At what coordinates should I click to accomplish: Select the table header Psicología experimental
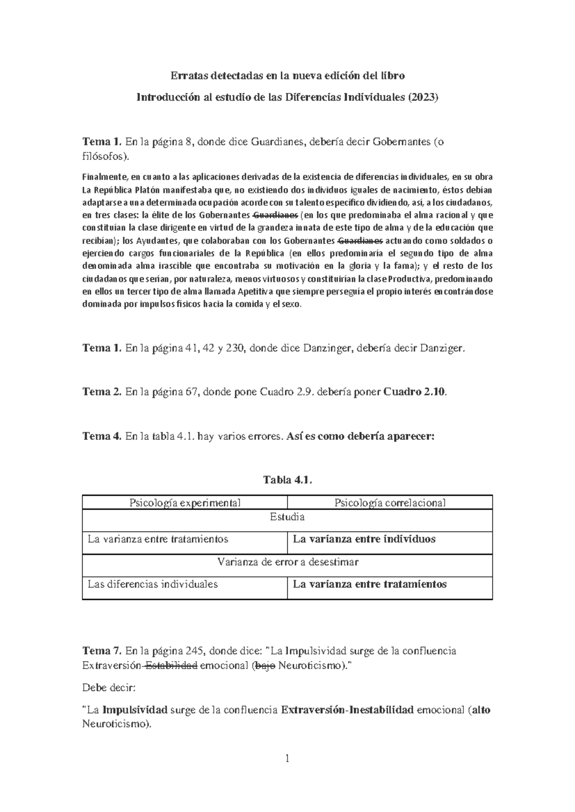pos(185,503)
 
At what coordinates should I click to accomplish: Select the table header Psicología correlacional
pos(390,503)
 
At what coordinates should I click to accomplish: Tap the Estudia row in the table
pos(287,517)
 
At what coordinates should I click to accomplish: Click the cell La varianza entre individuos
pos(364,539)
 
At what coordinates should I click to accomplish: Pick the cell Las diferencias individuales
pos(153,584)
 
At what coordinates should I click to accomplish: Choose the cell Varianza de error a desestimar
pos(287,562)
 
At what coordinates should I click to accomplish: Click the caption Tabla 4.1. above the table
pos(287,480)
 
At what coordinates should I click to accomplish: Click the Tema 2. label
pos(102,392)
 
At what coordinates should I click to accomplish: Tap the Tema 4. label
pos(102,436)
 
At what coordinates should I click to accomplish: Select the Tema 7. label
pos(102,651)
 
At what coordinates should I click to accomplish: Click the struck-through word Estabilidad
pos(171,665)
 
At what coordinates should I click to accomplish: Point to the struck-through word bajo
pos(265,665)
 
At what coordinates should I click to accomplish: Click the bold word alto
pos(481,710)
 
